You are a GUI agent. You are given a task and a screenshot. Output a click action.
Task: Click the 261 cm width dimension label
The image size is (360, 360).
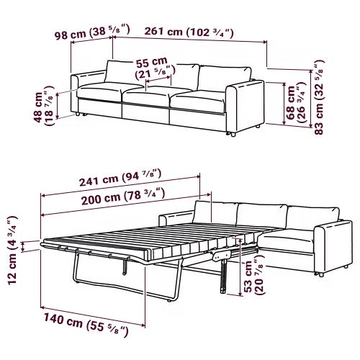[x=189, y=32]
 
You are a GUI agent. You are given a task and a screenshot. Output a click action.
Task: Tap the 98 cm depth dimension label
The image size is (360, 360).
[x=92, y=32]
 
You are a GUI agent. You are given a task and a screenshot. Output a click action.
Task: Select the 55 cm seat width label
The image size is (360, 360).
[x=155, y=68]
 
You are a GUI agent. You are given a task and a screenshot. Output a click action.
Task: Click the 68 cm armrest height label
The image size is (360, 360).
[x=294, y=102]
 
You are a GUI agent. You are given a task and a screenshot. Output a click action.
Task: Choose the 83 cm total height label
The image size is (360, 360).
[x=319, y=97]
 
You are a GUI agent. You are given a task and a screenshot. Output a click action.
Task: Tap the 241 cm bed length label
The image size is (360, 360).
[x=120, y=178]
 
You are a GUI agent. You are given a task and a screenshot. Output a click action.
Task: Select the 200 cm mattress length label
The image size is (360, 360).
[x=123, y=197]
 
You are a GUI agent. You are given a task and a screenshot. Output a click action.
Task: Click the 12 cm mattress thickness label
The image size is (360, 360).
[x=13, y=251]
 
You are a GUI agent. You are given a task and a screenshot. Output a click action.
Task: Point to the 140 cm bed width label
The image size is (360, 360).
[x=86, y=325]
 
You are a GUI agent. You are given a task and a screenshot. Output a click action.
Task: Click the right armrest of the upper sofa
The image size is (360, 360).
[x=245, y=106]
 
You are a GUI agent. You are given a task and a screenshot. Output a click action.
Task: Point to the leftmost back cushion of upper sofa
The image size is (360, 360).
[x=125, y=72]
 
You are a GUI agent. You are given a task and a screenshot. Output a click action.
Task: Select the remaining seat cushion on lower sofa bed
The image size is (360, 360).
[x=287, y=240]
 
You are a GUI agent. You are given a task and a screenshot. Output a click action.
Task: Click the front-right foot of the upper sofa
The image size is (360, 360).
[x=233, y=135]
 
